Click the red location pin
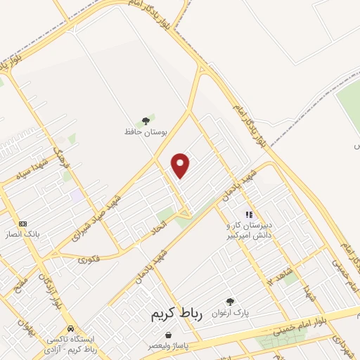(x=181, y=165)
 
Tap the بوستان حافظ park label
(x=146, y=132)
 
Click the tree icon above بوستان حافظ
(x=146, y=121)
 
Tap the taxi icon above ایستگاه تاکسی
(x=70, y=328)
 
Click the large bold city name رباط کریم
(x=176, y=316)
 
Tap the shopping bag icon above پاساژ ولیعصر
(x=152, y=336)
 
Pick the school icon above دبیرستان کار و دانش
(x=247, y=214)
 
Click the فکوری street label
(x=88, y=259)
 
